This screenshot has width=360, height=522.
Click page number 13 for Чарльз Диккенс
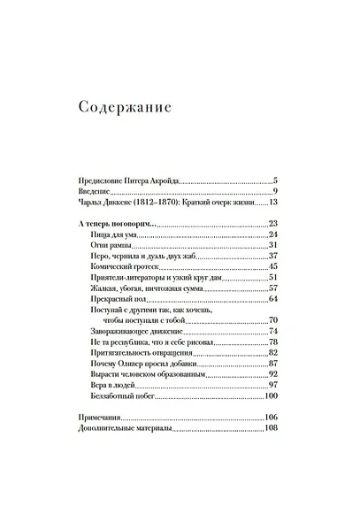pyautogui.click(x=273, y=203)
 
